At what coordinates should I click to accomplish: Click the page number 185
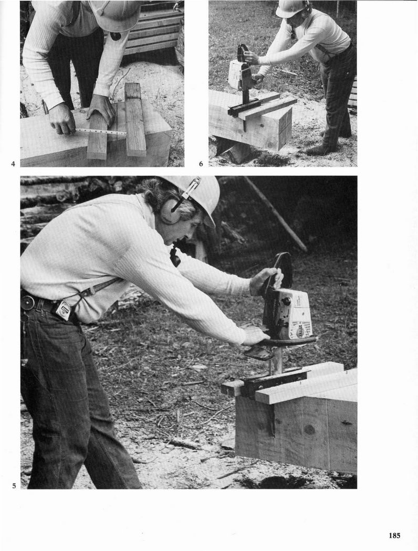[394, 536]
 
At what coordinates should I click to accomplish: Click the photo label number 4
[13, 163]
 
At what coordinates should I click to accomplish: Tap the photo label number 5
[14, 486]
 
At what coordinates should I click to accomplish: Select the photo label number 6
[201, 163]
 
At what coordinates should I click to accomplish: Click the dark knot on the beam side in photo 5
[309, 429]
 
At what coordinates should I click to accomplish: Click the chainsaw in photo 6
[242, 76]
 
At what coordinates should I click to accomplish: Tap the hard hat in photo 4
[116, 14]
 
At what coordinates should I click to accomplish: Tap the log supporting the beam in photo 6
[234, 151]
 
